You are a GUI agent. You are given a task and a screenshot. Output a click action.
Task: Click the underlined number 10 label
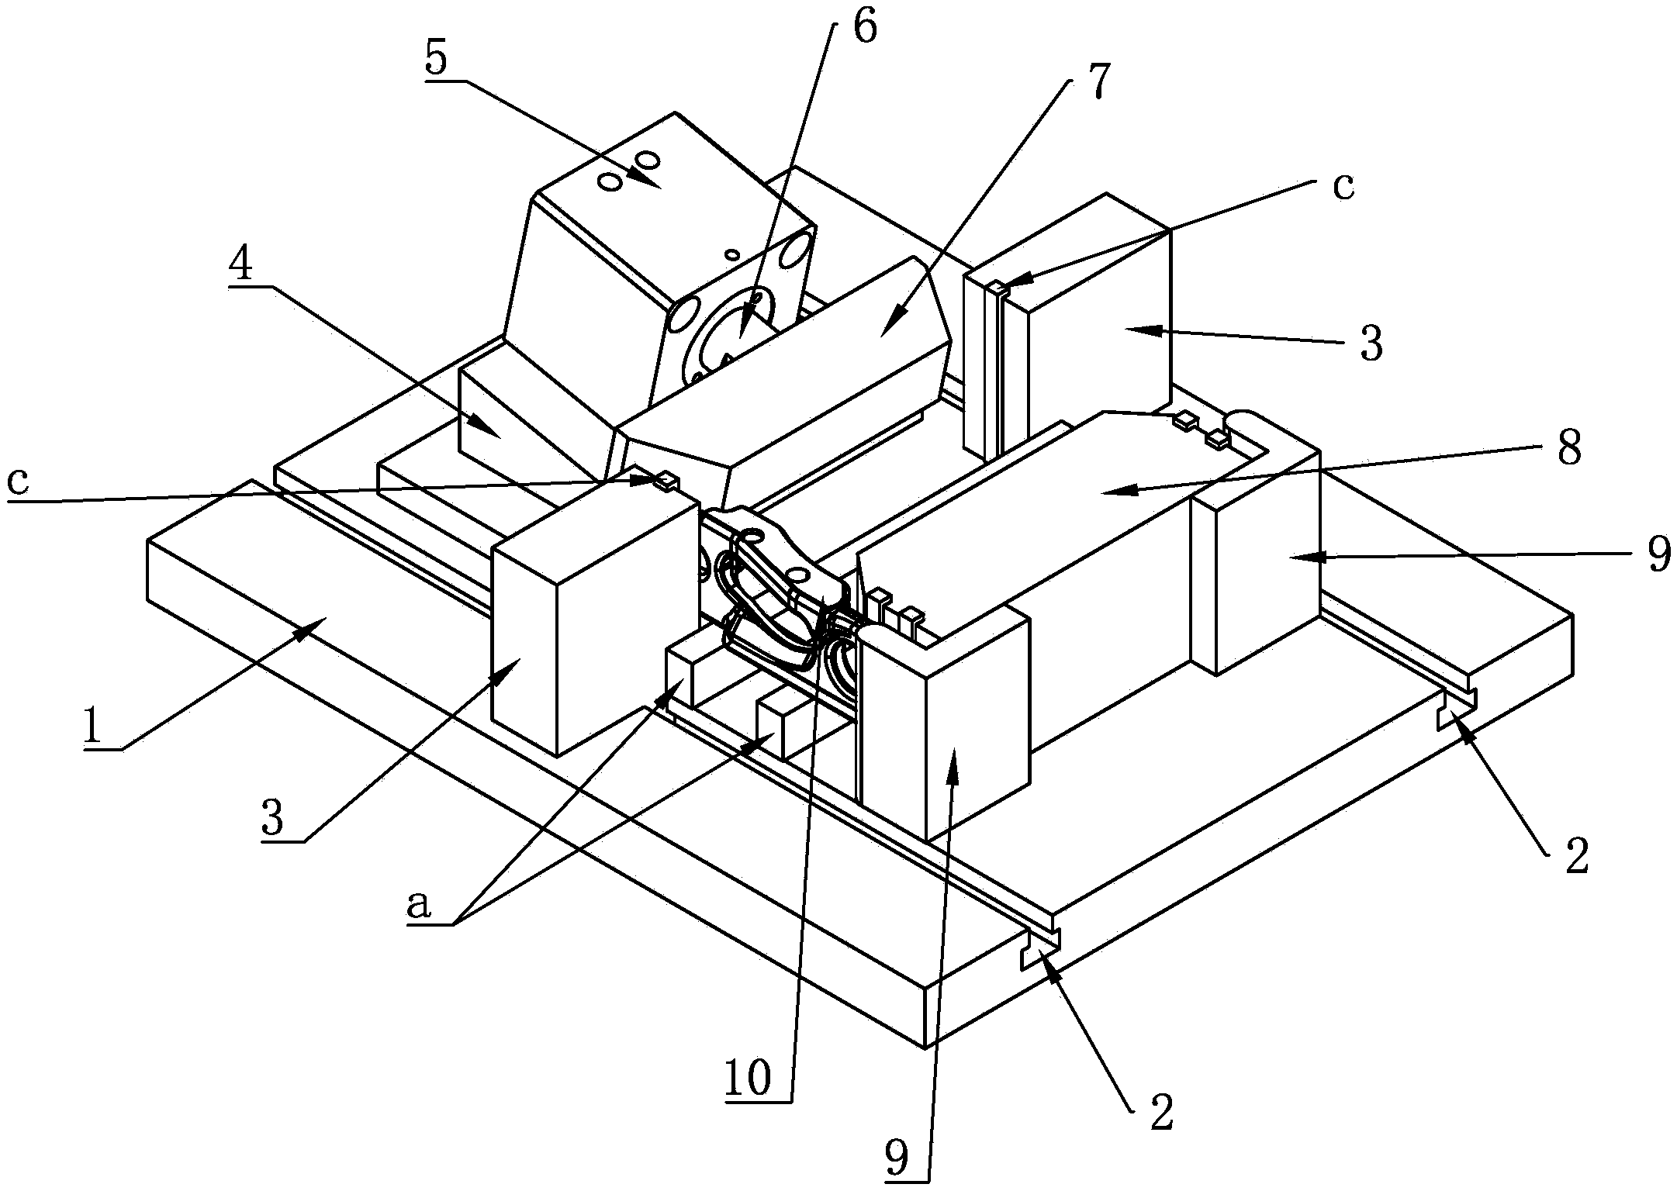(748, 1076)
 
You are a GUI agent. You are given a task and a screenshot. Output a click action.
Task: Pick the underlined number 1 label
(92, 726)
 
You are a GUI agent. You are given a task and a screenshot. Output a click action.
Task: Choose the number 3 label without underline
(1371, 343)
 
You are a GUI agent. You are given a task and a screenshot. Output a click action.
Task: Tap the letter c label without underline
(1343, 186)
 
